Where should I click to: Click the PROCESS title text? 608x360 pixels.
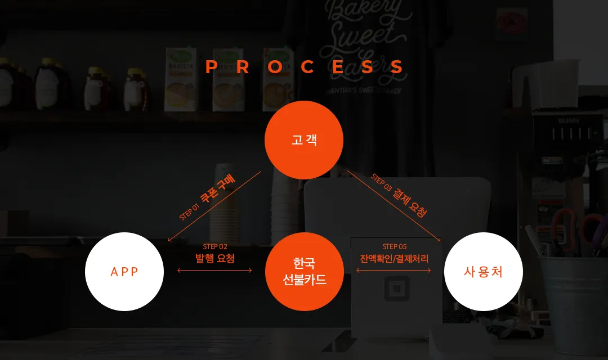(305, 66)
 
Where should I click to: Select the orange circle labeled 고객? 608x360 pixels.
(304, 140)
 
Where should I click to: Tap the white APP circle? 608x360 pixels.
(124, 272)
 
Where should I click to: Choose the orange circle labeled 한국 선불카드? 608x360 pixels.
(305, 272)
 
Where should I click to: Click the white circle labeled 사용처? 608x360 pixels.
(484, 272)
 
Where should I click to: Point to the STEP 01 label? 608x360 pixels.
(189, 211)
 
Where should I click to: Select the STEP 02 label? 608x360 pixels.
(215, 246)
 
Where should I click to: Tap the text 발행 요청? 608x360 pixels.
(215, 259)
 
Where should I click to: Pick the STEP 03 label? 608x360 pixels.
(382, 182)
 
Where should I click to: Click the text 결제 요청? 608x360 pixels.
(410, 203)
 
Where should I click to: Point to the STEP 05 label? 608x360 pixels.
(394, 246)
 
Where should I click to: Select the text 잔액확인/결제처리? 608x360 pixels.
(394, 259)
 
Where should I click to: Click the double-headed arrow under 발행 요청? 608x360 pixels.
(214, 271)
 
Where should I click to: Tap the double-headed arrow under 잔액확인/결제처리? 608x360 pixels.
(394, 271)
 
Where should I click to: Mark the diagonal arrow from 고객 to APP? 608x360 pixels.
(214, 206)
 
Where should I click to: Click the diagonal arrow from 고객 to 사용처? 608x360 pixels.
(394, 206)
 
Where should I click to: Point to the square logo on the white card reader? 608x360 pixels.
(397, 289)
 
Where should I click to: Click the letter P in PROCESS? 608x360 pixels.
(211, 66)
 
